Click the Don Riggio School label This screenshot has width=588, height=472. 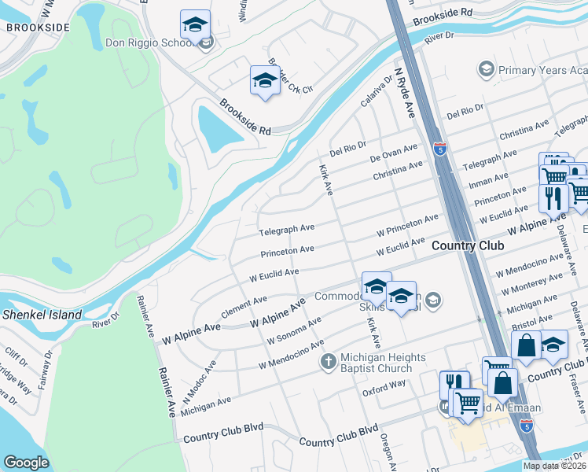[x=149, y=42]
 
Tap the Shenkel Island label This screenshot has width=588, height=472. [x=42, y=315]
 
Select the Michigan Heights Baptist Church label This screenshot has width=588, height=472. [x=377, y=363]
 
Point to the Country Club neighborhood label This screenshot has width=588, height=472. [x=467, y=246]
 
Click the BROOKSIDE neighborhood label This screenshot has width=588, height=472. [x=38, y=27]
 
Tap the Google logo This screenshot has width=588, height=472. [x=26, y=463]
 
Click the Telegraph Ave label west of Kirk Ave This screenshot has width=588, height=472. [x=287, y=230]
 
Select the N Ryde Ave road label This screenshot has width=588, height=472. [x=404, y=92]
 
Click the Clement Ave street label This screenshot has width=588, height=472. [x=244, y=304]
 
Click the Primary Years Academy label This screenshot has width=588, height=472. [x=543, y=71]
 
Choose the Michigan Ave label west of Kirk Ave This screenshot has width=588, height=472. [x=206, y=401]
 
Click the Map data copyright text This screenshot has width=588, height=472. [x=555, y=466]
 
